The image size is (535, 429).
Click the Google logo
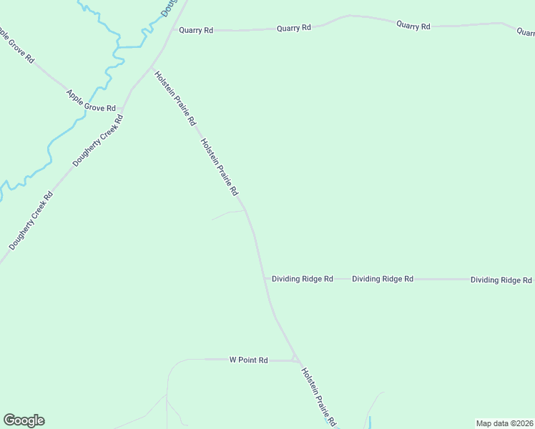24,420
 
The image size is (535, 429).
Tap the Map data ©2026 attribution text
504,423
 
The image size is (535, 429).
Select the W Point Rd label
248,360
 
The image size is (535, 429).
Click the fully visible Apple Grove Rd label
91,101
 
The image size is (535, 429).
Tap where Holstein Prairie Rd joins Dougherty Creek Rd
151,68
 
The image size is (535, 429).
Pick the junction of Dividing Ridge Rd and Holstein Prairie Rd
265,278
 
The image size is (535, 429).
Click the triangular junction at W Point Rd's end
294,358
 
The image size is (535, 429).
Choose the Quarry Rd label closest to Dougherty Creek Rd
196,30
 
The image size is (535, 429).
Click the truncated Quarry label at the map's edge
526,31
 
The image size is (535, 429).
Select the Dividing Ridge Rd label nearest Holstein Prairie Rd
303,278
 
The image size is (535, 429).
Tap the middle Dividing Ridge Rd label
383,278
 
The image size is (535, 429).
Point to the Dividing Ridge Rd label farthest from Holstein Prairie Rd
501,280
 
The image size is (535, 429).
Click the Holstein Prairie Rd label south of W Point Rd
319,397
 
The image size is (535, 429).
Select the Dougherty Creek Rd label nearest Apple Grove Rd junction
99,139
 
